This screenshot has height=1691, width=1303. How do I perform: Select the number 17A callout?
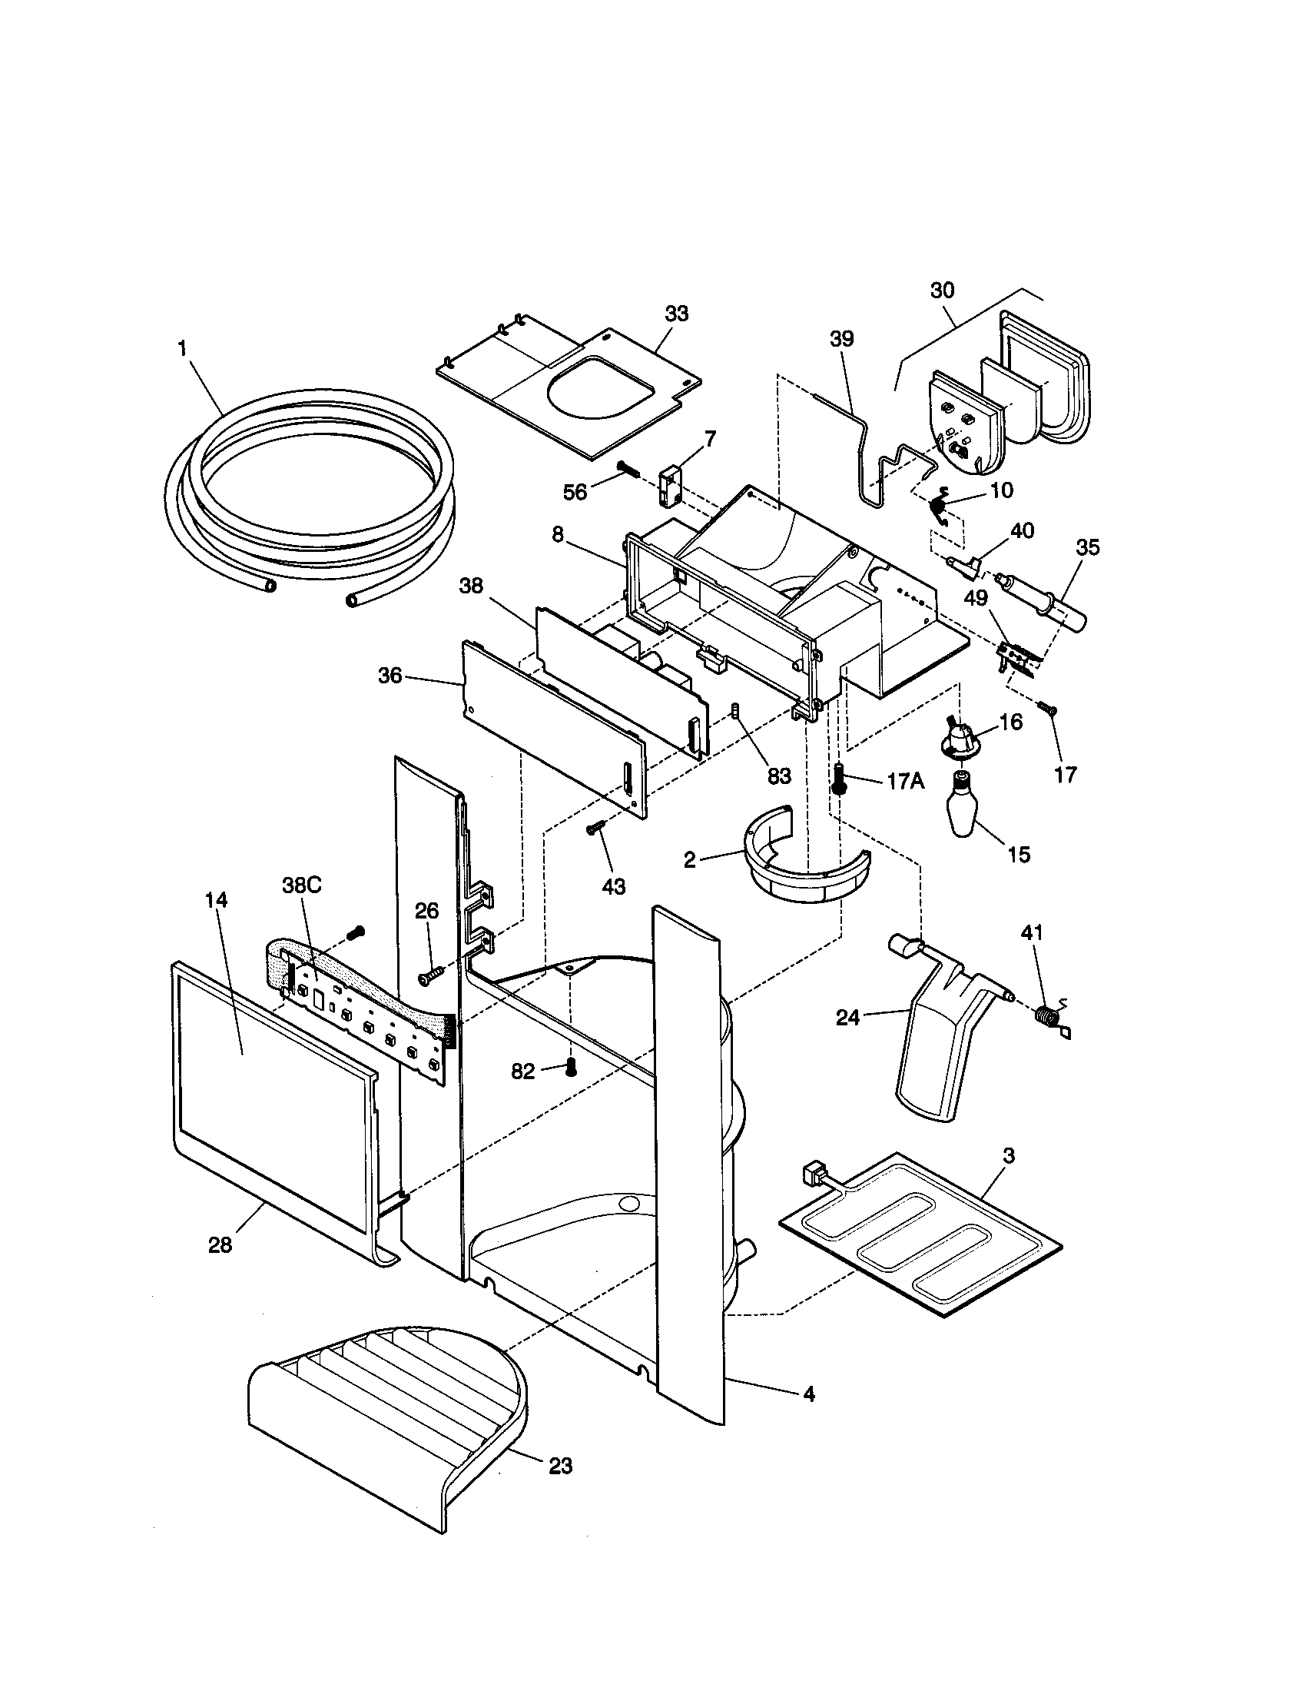pyautogui.click(x=905, y=781)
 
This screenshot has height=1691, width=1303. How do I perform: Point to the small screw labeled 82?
pyautogui.click(x=571, y=1067)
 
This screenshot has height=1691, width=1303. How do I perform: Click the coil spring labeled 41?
pyautogui.click(x=1046, y=1015)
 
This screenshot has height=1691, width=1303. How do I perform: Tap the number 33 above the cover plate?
pyautogui.click(x=676, y=314)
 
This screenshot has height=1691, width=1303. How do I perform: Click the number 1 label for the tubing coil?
pyautogui.click(x=183, y=348)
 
